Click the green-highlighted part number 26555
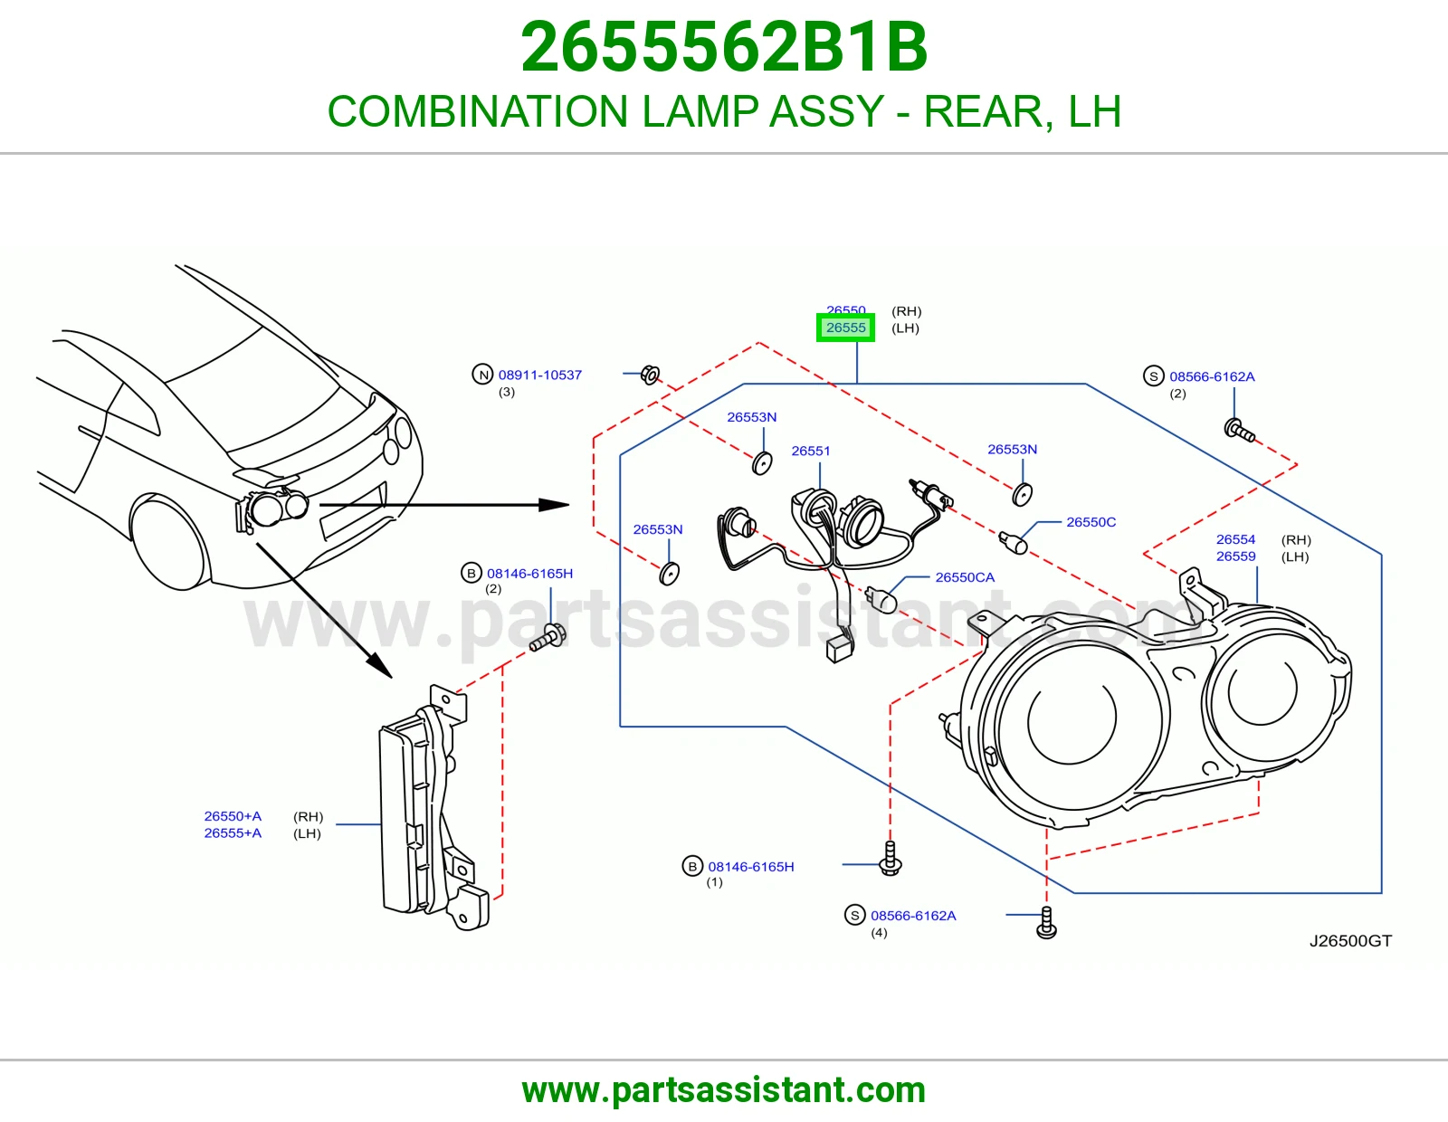(845, 328)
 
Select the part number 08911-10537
(539, 375)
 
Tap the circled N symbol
(482, 375)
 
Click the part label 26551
(810, 451)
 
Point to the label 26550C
(1091, 522)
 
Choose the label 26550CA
(964, 577)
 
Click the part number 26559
(1235, 556)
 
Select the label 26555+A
(233, 832)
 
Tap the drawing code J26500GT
(1350, 941)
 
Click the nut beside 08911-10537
(650, 376)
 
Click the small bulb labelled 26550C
(1013, 542)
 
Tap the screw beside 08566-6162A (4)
(1046, 922)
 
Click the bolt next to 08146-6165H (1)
(891, 859)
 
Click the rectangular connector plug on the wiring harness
(839, 650)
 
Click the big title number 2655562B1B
(724, 47)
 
